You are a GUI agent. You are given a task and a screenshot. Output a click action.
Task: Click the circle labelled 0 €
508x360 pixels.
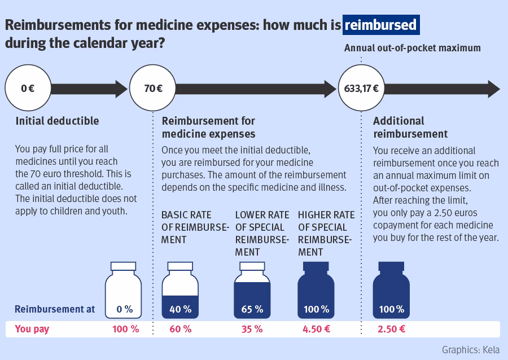click(x=28, y=89)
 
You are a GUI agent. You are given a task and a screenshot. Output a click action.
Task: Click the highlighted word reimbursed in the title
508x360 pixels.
click(x=380, y=25)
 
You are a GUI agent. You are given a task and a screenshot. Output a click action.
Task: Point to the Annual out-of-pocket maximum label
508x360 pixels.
click(x=412, y=49)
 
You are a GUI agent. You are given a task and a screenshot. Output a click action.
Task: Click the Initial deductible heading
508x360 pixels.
click(x=57, y=121)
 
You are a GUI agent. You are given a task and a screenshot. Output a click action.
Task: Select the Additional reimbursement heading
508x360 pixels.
click(x=410, y=127)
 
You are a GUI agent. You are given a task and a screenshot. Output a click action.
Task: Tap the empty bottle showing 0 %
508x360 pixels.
click(x=124, y=291)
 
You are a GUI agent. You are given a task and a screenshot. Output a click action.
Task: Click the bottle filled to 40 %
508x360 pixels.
click(x=180, y=291)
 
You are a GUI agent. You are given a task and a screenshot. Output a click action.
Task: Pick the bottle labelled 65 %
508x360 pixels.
click(x=252, y=291)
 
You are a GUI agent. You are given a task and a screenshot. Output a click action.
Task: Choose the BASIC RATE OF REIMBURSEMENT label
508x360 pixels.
click(x=195, y=227)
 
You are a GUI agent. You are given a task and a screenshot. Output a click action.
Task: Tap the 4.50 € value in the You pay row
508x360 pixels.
click(x=316, y=329)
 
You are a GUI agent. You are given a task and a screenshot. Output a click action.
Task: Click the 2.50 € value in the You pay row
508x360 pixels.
click(x=391, y=329)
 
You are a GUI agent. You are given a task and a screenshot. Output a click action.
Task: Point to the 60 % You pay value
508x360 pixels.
click(x=180, y=329)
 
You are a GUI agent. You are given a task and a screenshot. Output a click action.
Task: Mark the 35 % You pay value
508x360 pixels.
click(x=252, y=329)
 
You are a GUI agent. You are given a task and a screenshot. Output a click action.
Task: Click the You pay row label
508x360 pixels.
click(x=32, y=329)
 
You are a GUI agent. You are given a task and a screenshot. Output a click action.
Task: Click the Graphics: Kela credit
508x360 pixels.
click(x=470, y=350)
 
